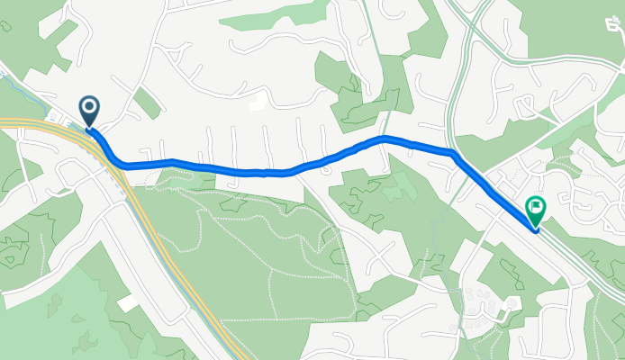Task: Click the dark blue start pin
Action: [90, 111]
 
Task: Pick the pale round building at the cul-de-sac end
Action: [512, 304]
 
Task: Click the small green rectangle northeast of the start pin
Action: [146, 103]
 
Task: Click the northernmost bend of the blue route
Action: [385, 138]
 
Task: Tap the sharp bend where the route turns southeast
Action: [454, 155]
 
